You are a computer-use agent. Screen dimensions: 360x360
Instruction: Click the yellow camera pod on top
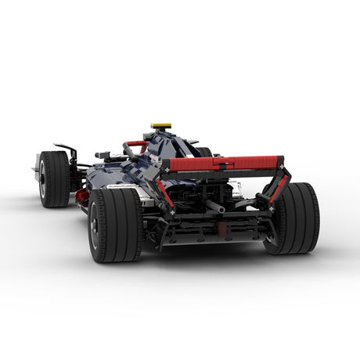pyautogui.click(x=160, y=125)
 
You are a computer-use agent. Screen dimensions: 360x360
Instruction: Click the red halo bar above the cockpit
pyautogui.click(x=135, y=145)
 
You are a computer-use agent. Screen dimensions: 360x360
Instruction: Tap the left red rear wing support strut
pyautogui.click(x=166, y=193)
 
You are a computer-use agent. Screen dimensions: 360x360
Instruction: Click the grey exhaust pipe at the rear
pyautogui.click(x=214, y=207)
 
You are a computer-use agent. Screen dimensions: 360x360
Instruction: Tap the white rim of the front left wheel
pyautogui.click(x=41, y=179)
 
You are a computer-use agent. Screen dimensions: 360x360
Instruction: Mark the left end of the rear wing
pyautogui.click(x=164, y=166)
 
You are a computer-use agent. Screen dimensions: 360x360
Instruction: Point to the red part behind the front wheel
pyautogui.click(x=81, y=196)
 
